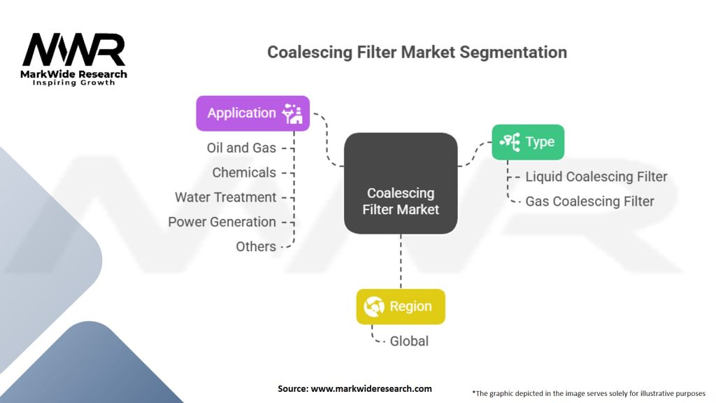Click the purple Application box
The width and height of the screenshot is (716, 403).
click(253, 113)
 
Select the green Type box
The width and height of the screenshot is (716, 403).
click(528, 142)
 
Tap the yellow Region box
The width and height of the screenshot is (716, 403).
click(401, 306)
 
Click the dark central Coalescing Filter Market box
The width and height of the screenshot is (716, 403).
click(401, 183)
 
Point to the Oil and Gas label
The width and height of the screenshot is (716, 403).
click(241, 148)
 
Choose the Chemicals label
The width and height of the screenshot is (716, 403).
click(244, 173)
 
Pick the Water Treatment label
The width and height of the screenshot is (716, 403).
click(226, 197)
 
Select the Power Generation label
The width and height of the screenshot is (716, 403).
click(222, 222)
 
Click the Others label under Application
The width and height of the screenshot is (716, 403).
click(256, 247)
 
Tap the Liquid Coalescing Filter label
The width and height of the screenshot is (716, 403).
click(596, 177)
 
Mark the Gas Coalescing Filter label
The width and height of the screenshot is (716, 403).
click(589, 201)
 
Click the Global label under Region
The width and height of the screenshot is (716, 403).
click(409, 341)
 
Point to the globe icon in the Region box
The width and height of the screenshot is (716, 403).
click(374, 306)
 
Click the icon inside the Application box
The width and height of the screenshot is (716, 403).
click(292, 113)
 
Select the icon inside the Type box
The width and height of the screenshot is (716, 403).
click(510, 141)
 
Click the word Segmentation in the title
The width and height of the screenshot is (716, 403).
click(513, 52)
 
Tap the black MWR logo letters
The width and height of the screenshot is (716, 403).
click(74, 50)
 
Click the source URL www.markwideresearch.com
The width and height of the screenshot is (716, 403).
click(371, 389)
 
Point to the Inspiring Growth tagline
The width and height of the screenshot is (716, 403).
click(74, 83)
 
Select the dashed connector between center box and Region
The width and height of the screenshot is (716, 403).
click(401, 262)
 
